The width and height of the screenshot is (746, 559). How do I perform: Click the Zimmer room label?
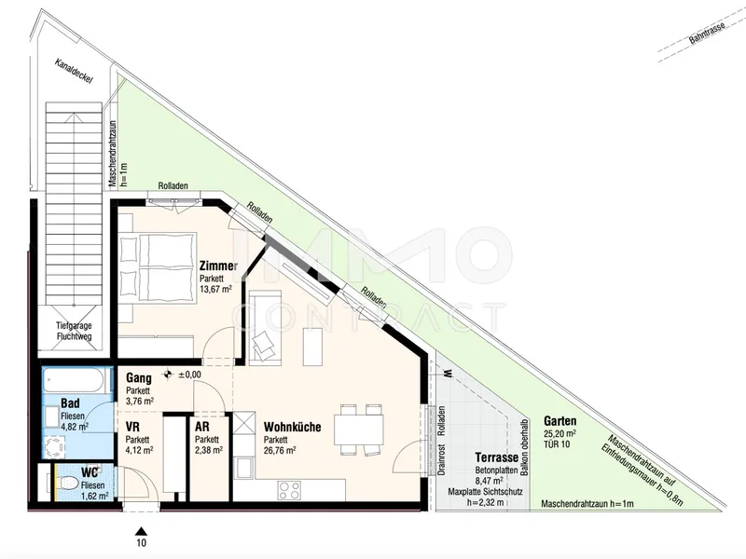(x=218, y=266)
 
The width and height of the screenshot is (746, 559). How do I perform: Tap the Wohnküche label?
(x=292, y=427)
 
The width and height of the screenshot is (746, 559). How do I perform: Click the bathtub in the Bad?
(x=73, y=380)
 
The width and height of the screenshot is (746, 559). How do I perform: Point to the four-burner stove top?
(x=289, y=490)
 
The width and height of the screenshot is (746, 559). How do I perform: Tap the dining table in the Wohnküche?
(x=359, y=429)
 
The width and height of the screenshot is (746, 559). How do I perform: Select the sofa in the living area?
(x=265, y=328)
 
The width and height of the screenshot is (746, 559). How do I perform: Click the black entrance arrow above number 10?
(x=141, y=531)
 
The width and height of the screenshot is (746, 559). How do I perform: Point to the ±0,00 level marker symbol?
(x=168, y=375)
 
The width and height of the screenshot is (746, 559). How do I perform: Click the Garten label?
(x=560, y=421)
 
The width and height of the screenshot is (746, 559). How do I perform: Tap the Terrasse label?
(x=497, y=457)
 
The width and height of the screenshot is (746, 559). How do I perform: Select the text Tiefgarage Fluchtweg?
(x=74, y=332)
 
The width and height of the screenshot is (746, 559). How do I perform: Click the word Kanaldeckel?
(x=74, y=72)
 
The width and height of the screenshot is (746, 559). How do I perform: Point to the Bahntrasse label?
(x=707, y=33)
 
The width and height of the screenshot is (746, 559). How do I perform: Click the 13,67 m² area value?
(x=215, y=289)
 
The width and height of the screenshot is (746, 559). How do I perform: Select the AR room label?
(x=201, y=427)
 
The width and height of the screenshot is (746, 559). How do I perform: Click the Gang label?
(x=138, y=378)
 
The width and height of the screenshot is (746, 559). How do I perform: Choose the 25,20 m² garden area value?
(x=560, y=433)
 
